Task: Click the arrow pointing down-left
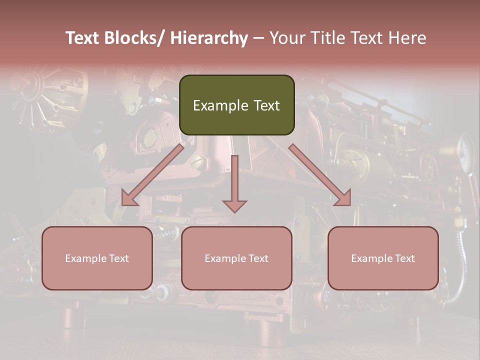pos(152,175)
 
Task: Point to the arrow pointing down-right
pos(320,175)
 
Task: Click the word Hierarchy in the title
pos(208,38)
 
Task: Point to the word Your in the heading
pos(286,38)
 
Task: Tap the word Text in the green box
pos(266,105)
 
